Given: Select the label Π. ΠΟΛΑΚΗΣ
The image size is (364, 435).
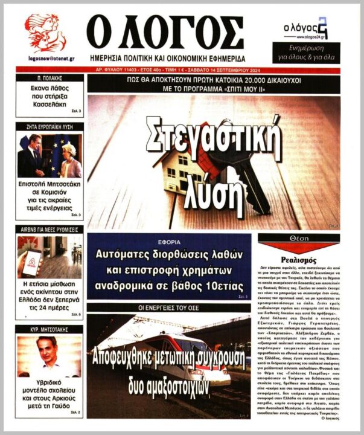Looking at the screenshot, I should (50, 79).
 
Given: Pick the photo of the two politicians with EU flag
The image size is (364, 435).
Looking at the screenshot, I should (50, 155).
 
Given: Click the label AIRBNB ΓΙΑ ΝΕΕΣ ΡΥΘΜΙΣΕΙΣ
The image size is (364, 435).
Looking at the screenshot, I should (50, 230).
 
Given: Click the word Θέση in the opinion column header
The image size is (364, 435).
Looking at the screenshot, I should (299, 240).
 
